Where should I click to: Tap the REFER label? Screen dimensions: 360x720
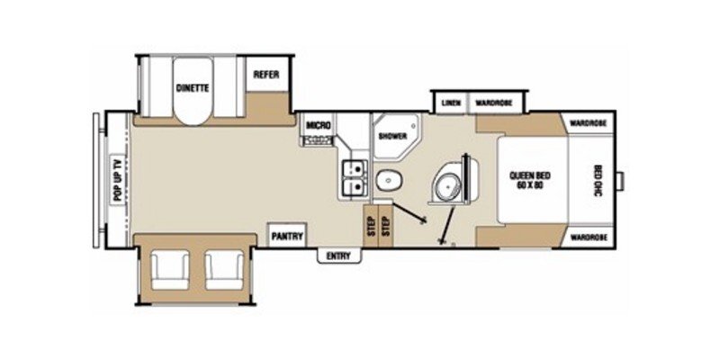(x=264, y=74)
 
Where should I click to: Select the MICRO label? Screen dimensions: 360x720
(x=317, y=125)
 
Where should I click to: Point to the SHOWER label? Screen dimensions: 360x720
(x=392, y=137)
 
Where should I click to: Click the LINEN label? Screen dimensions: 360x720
(x=451, y=103)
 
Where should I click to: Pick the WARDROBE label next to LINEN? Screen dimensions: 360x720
(x=494, y=103)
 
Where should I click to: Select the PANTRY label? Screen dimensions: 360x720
(x=287, y=238)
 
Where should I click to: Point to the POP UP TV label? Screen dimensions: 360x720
(x=115, y=180)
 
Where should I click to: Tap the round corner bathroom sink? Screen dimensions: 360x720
(x=445, y=187)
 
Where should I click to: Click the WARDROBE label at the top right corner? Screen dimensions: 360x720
(x=587, y=121)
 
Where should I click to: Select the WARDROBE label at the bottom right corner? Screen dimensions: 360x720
(x=587, y=237)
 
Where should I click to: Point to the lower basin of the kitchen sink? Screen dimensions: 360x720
(x=354, y=186)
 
